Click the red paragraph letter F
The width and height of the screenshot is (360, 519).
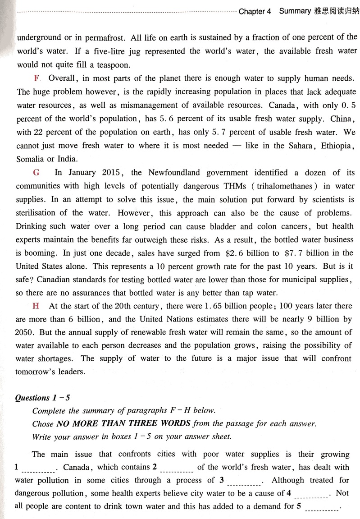click(x=36, y=78)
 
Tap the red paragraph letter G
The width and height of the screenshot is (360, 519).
click(x=36, y=172)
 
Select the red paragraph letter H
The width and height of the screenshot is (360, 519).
click(x=36, y=306)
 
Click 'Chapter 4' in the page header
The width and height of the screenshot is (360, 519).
click(x=255, y=11)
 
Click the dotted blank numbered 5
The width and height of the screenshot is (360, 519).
click(x=321, y=508)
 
